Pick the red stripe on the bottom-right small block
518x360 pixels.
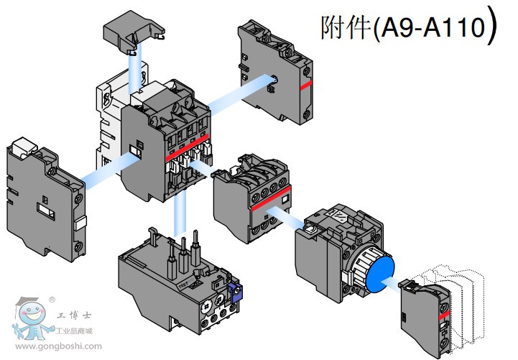pyautogui.click(x=443, y=315)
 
